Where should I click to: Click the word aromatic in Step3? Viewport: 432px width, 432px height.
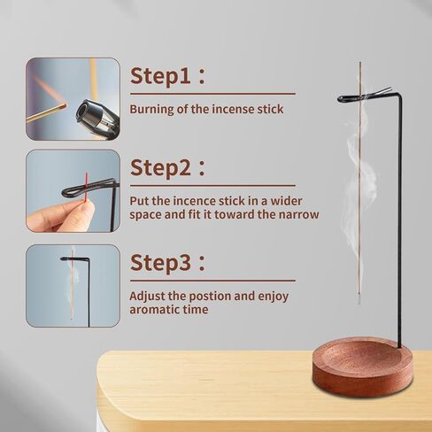tap(157, 310)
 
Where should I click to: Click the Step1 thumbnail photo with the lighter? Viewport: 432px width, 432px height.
tap(73, 99)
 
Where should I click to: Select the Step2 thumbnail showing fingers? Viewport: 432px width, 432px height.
tap(73, 190)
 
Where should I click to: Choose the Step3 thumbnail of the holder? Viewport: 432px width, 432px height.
tap(73, 286)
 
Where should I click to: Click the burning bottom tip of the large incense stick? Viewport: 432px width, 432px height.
tap(359, 301)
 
